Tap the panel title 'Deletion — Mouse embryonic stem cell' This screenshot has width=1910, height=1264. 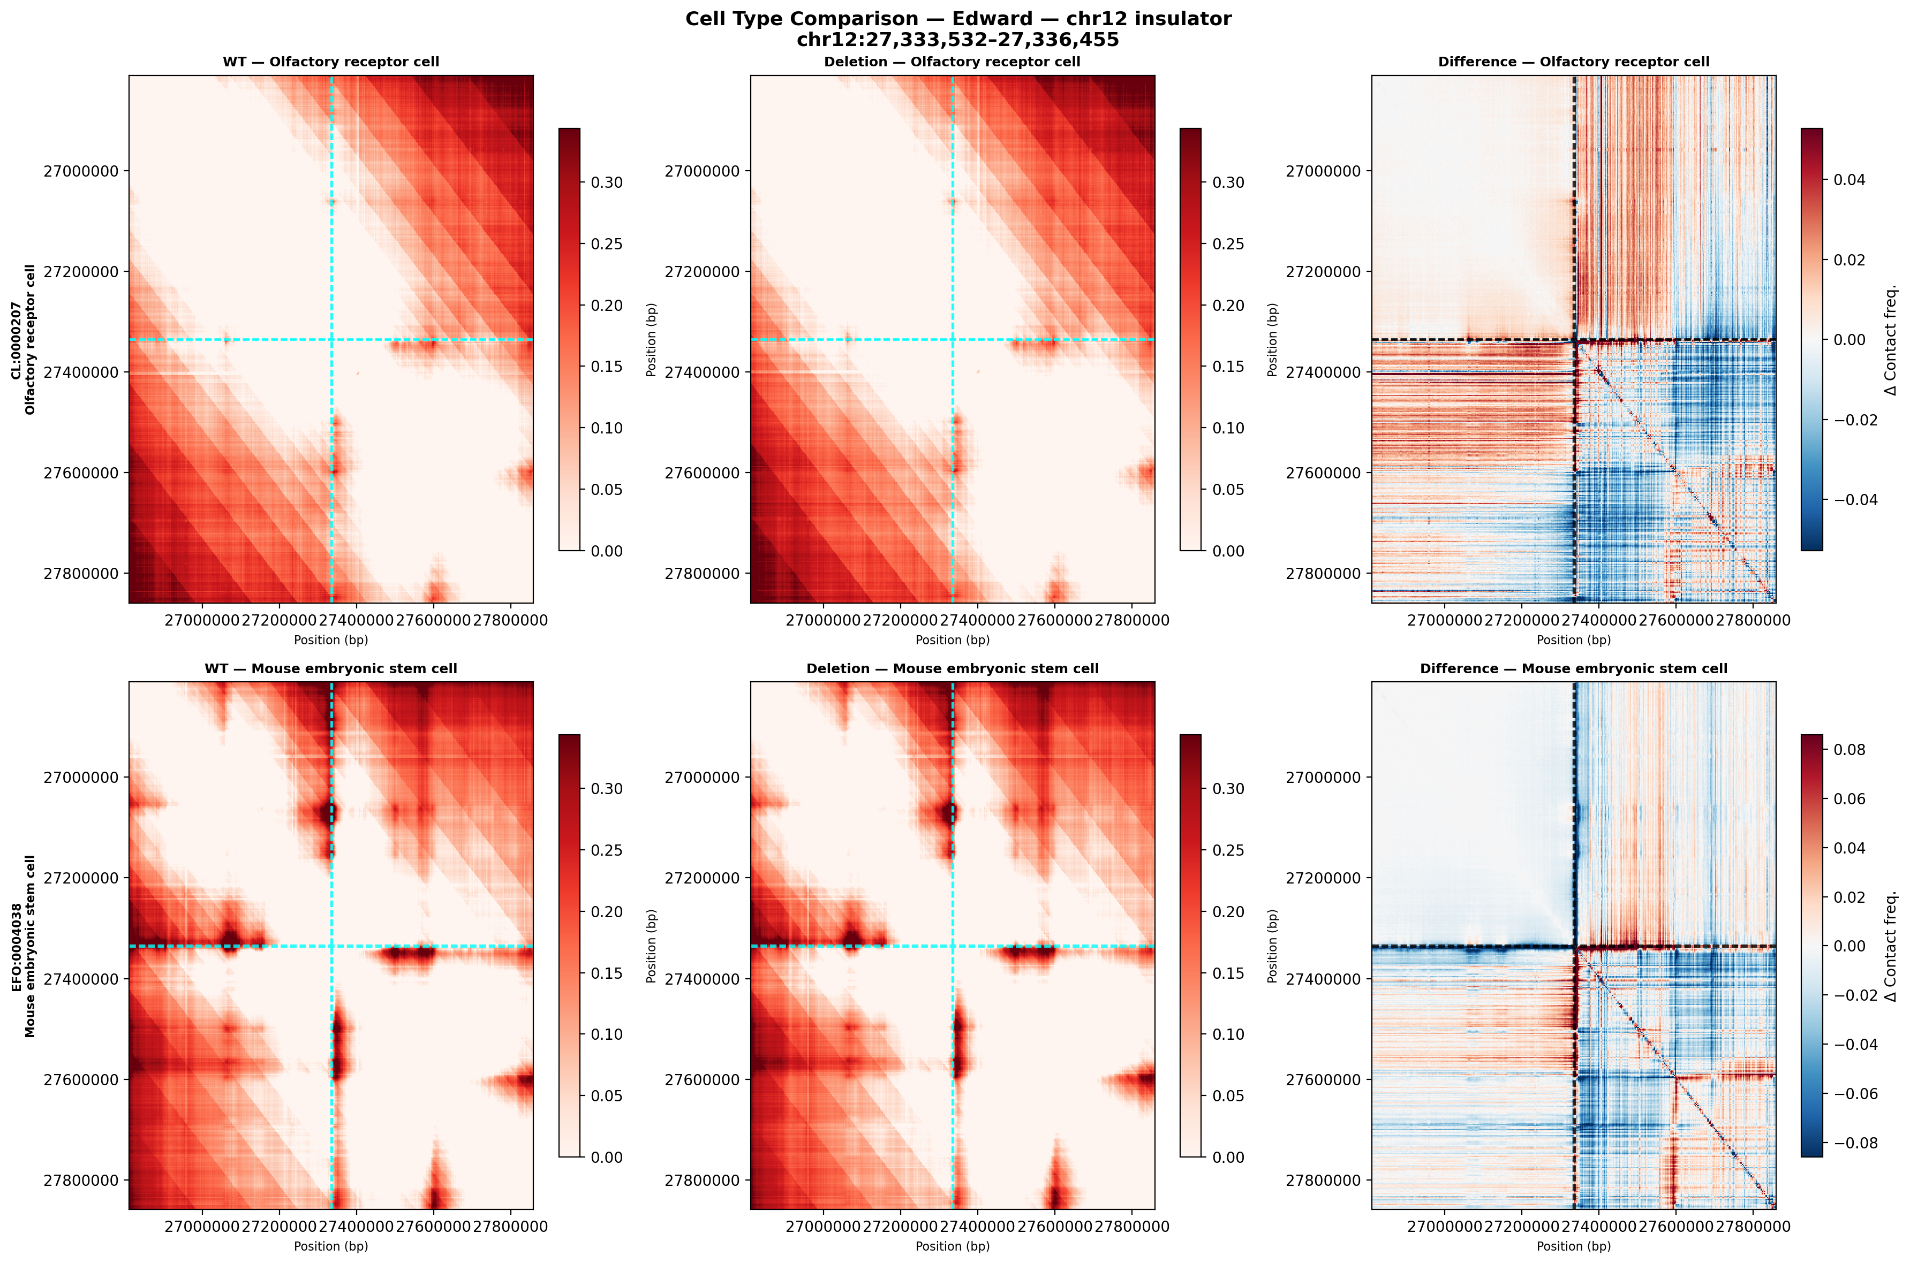952,669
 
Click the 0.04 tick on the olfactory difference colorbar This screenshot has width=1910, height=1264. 1849,180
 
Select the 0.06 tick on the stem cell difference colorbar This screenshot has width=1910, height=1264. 1849,799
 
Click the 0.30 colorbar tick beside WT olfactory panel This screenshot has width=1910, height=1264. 607,182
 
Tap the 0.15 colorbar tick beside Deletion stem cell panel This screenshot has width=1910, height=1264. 1228,973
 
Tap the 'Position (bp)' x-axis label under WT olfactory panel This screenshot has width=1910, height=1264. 331,640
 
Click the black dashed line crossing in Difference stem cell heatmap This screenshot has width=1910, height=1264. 1574,946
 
